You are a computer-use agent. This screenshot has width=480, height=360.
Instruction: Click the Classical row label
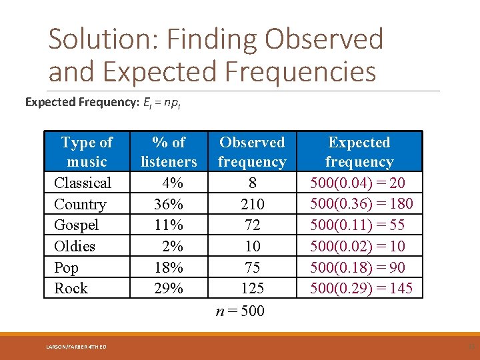click(83, 183)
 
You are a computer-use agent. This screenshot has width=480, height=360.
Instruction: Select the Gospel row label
click(76, 225)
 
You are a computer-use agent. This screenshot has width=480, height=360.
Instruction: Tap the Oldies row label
click(75, 246)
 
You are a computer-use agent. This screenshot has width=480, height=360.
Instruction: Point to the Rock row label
click(71, 288)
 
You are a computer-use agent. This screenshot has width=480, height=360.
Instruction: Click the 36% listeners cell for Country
click(168, 204)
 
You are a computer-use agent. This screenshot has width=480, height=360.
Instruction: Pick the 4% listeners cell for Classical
click(172, 183)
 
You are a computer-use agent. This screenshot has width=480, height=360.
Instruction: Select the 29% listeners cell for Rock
click(168, 288)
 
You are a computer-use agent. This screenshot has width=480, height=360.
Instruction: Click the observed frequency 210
click(252, 204)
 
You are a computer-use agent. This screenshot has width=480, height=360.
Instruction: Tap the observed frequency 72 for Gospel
click(252, 225)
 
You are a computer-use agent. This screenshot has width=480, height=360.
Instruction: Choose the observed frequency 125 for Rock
click(252, 288)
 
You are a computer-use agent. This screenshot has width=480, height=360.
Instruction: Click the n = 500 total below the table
click(241, 311)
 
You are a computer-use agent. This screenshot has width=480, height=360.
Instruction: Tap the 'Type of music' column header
click(87, 152)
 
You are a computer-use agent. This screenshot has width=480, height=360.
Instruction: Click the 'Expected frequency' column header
click(359, 152)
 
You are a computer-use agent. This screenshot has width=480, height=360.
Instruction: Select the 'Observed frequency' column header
click(252, 152)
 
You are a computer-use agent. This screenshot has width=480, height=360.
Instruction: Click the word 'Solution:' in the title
click(104, 40)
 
